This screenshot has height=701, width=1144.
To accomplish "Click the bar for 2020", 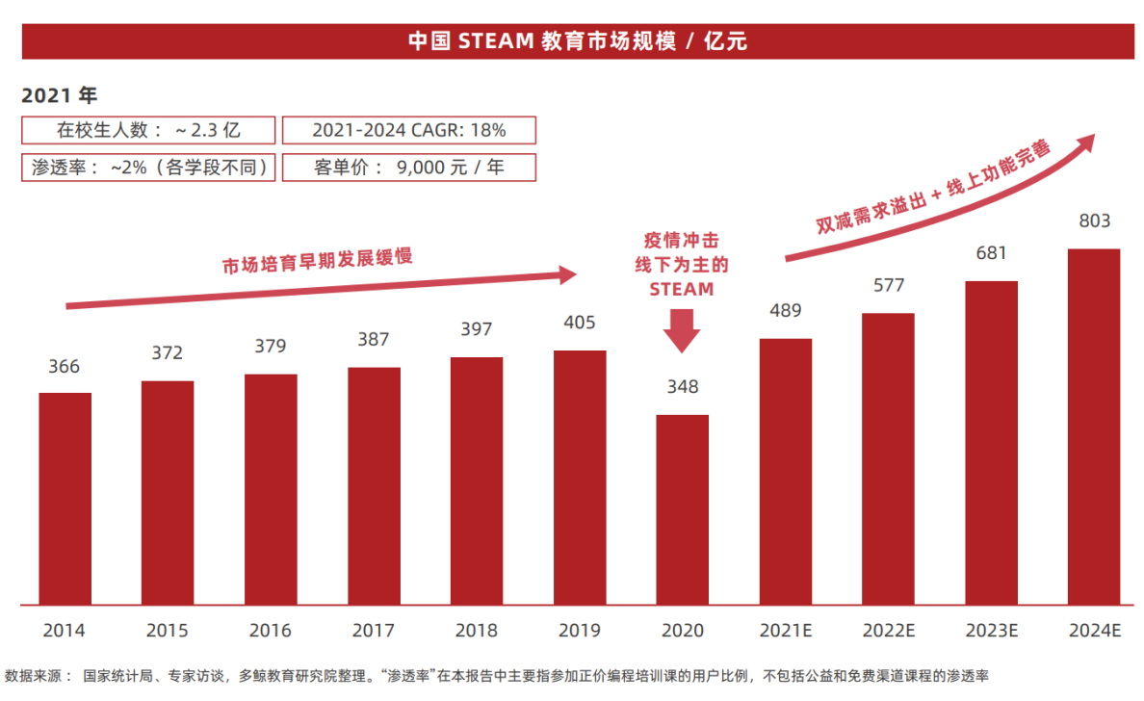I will pos(682,509).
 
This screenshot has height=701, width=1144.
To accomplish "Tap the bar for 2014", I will pos(65,499).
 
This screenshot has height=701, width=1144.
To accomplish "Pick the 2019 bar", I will pos(580,478).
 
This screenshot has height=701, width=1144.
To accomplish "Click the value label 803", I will pos(1094,221).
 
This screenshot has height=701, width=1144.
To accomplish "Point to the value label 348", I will pos(682,387).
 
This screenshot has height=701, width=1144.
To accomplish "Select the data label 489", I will pos(785,310).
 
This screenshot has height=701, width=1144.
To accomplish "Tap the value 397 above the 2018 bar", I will pos(476,329).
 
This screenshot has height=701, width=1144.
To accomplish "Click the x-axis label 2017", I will pos(373,632).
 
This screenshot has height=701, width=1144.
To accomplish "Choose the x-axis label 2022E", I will pos(888,632).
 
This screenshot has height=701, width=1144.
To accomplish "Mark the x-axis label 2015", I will pos(167,632).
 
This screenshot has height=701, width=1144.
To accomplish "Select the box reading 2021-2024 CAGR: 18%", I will pos(409,130).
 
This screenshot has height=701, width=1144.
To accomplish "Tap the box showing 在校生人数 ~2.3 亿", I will pos(148,130).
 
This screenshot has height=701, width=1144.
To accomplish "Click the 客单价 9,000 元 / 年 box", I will pos(409,167).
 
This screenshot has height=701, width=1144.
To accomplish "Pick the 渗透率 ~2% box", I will pos(148,167).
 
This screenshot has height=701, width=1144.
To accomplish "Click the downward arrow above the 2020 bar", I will pos(682,330).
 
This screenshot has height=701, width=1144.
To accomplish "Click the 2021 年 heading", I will pos(59,95).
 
